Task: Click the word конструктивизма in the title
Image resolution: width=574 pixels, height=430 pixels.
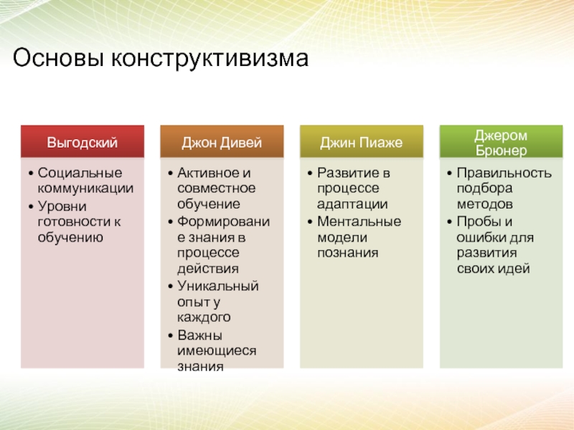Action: coord(210,59)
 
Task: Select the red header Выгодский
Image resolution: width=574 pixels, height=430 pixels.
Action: coord(83,141)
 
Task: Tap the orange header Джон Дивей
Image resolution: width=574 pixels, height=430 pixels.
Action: coord(222,141)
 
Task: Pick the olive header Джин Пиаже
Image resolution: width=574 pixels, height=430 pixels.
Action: coord(362,141)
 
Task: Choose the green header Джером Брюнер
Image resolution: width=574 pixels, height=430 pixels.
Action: coord(501,141)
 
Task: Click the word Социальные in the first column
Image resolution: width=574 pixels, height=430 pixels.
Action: coord(80,173)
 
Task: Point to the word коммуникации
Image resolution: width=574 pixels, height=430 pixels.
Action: coord(85,188)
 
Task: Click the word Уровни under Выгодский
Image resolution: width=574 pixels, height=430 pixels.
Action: coord(62,206)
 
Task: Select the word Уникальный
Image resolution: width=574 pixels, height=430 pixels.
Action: coord(218,286)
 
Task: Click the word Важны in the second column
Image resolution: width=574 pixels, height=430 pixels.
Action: coord(200,335)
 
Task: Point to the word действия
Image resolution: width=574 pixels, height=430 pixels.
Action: coord(208,269)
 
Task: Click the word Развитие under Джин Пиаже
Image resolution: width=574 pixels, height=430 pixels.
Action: coord(345,173)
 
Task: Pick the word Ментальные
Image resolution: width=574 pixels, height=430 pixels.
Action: coord(359,221)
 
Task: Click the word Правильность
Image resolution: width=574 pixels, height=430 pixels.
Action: coord(504,173)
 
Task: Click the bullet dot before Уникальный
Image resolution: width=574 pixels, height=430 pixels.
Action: coord(170,286)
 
